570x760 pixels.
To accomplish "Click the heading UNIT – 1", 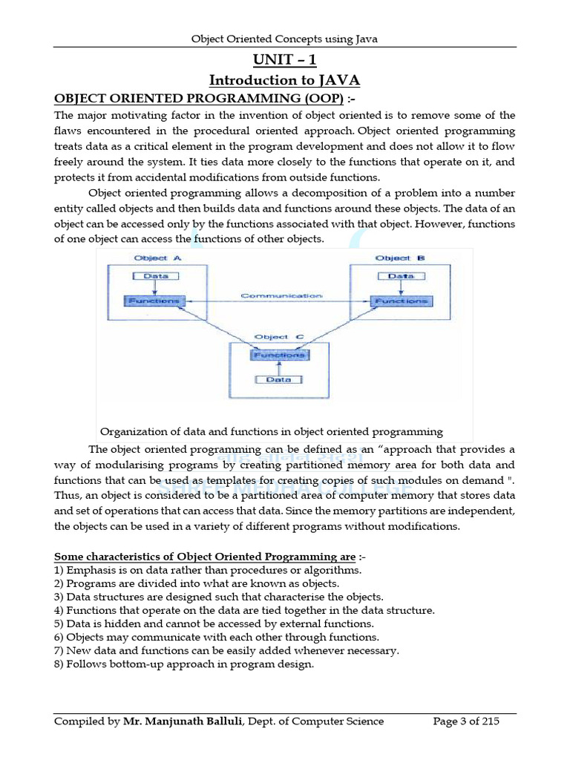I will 284,59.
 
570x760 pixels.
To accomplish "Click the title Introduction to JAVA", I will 284,79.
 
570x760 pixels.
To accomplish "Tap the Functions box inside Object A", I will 153,301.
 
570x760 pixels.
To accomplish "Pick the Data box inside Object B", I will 402,275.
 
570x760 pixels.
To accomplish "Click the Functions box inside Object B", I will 401,301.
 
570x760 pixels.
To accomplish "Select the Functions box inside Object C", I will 279,355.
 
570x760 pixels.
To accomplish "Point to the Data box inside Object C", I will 279,379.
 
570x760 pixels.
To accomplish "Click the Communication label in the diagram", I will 281,295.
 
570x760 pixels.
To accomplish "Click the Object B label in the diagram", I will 400,258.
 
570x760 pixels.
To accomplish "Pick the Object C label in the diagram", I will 279,337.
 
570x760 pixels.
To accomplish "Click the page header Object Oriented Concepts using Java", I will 284,39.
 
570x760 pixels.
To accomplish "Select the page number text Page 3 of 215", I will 466,721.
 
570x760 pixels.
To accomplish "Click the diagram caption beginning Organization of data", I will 272,431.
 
